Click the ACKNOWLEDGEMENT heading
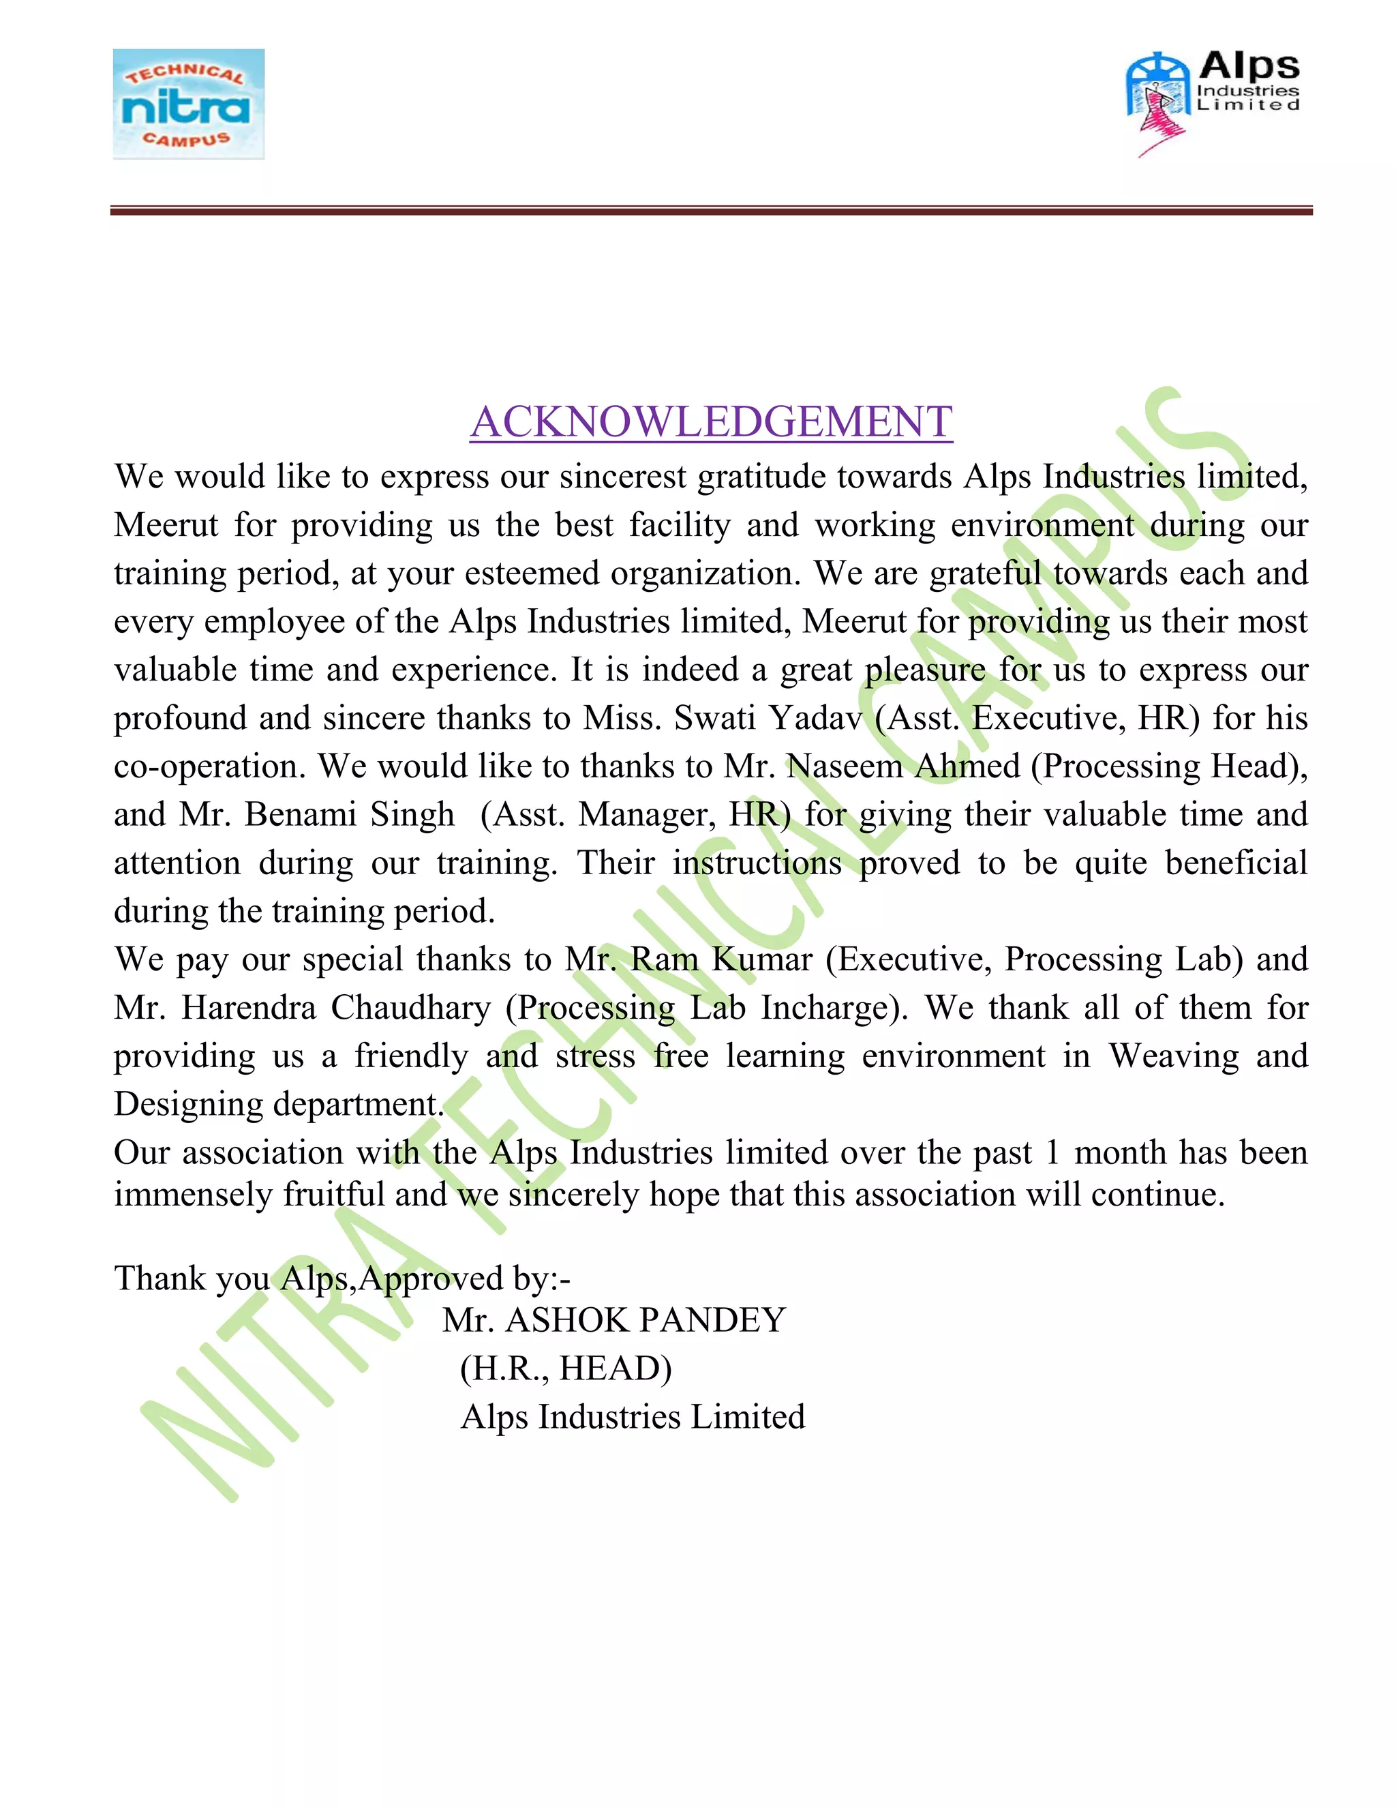click(711, 422)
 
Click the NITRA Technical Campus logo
click(189, 104)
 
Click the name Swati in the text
click(714, 718)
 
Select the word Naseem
click(844, 766)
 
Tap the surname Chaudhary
click(411, 1008)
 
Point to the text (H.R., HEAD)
click(566, 1369)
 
